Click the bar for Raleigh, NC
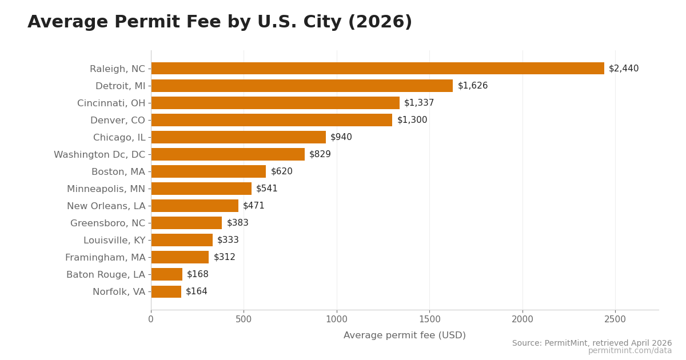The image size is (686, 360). [377, 69]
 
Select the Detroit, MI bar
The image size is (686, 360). [302, 86]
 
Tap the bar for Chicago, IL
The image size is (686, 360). [238, 137]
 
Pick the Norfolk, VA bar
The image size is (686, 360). [166, 291]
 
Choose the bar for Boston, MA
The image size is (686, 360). [209, 171]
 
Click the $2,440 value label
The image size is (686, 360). [624, 69]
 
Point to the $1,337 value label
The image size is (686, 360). [419, 103]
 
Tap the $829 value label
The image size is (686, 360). [320, 154]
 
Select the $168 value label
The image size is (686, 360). [198, 274]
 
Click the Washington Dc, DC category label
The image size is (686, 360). [99, 155]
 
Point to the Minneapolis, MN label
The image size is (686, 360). [106, 189]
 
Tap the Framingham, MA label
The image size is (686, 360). [105, 258]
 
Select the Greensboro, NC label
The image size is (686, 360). [107, 223]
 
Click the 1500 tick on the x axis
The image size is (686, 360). [429, 319]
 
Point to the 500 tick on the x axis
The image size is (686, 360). [244, 319]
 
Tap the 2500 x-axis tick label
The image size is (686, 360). [615, 319]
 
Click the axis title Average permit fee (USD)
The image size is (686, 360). [405, 335]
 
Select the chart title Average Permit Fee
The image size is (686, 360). [220, 22]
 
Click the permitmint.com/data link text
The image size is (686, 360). [630, 351]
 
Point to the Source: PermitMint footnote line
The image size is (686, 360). [592, 343]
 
